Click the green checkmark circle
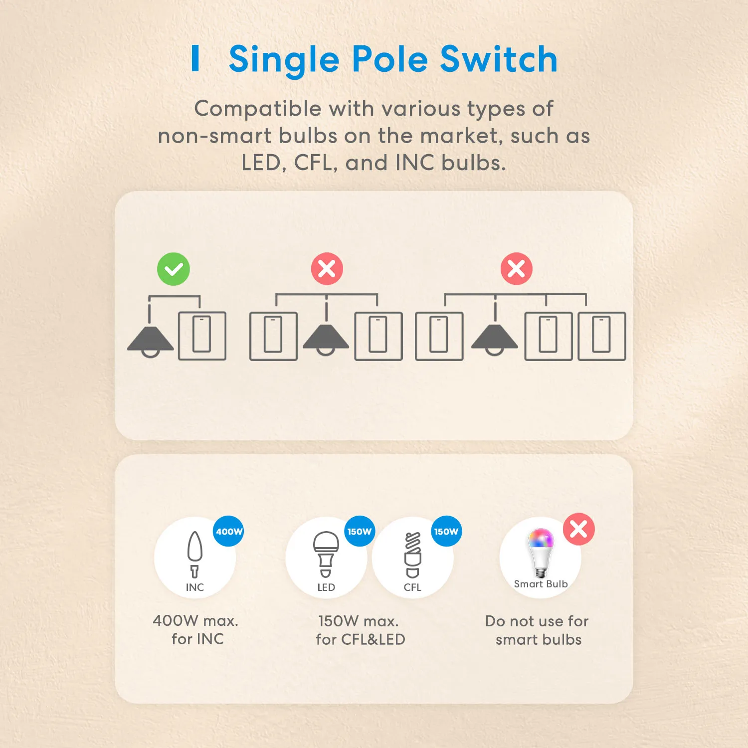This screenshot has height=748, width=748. click(174, 269)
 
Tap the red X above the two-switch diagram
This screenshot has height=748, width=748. click(327, 269)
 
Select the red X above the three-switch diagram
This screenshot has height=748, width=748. click(517, 269)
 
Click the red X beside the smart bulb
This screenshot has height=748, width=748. click(579, 529)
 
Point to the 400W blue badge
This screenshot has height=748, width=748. click(229, 531)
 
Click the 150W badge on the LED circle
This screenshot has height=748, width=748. click(360, 531)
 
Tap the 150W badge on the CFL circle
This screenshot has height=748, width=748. click(446, 531)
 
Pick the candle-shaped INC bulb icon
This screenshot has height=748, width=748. click(195, 554)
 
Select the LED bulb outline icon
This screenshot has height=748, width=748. click(326, 554)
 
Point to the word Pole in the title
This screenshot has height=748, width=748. click(390, 59)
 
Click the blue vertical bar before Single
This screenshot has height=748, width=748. click(195, 58)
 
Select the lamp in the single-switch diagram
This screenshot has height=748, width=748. click(150, 339)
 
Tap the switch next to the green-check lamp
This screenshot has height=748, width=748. click(202, 336)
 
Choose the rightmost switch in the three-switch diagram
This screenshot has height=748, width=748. click(602, 336)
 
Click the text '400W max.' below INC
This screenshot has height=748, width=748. click(195, 621)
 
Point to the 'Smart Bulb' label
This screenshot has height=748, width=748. click(541, 584)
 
